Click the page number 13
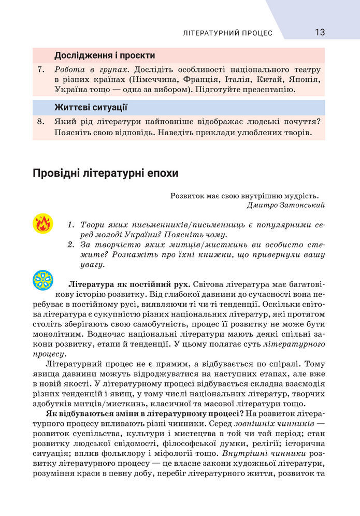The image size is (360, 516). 320,32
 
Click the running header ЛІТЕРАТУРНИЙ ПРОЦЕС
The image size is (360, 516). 227,33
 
